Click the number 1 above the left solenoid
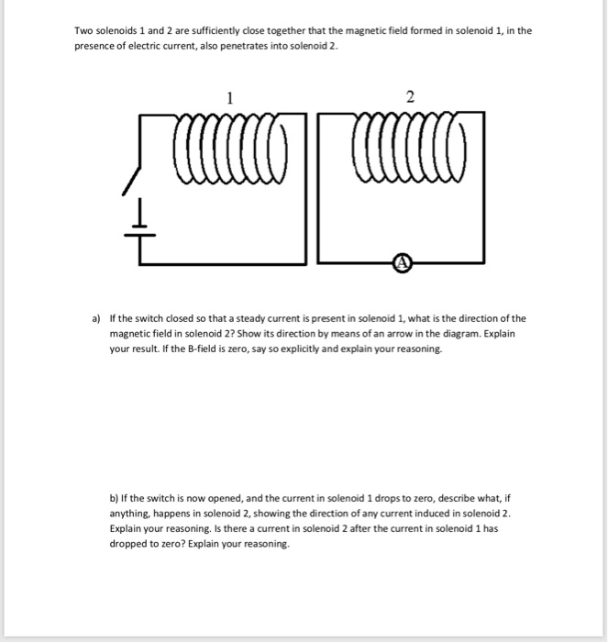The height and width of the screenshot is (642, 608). pyautogui.click(x=231, y=96)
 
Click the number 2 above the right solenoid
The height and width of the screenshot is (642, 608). pyautogui.click(x=409, y=96)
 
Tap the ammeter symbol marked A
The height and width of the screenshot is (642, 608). pyautogui.click(x=402, y=263)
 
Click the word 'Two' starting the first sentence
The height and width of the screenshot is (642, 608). pyautogui.click(x=84, y=30)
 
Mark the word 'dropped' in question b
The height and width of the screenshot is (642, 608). pyautogui.click(x=130, y=545)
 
